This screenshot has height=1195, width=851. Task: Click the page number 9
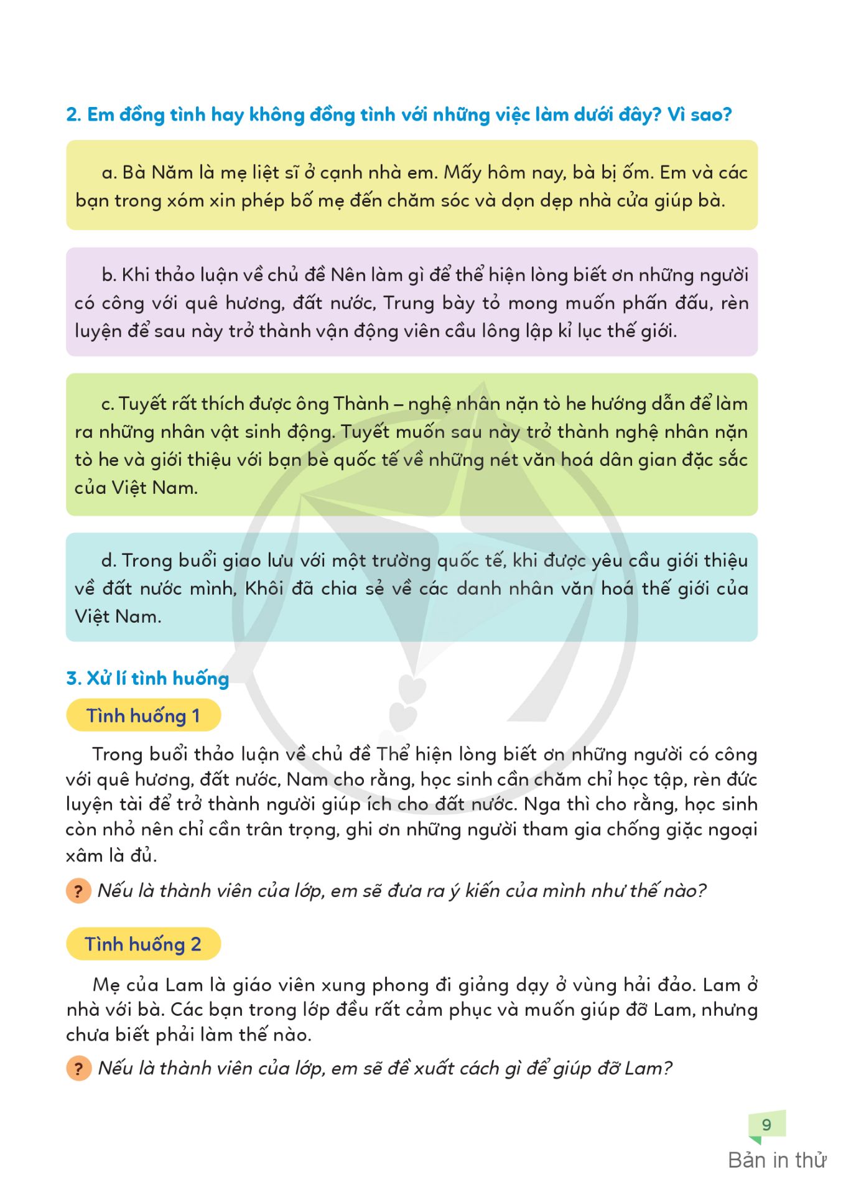point(766,1125)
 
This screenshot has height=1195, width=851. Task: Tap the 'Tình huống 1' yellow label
point(143,715)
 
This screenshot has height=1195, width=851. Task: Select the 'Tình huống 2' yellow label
point(143,944)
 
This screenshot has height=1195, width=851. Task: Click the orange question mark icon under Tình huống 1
point(78,891)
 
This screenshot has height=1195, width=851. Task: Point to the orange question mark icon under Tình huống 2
point(78,1069)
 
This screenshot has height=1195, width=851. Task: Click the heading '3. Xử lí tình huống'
point(147,678)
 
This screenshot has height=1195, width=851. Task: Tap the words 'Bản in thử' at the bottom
point(777,1160)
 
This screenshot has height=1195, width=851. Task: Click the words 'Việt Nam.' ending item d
point(118,616)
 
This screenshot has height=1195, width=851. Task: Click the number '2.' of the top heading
point(73,115)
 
